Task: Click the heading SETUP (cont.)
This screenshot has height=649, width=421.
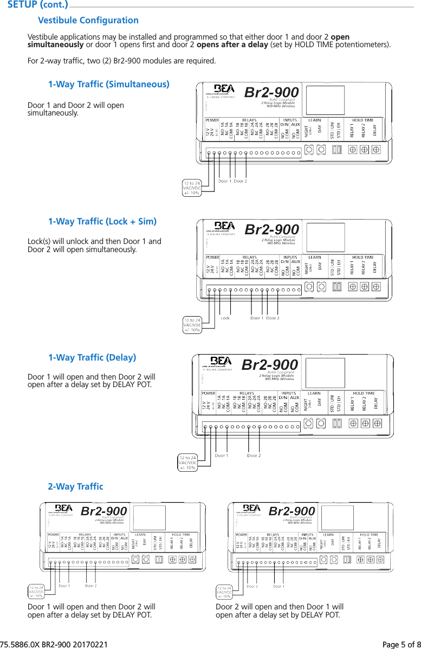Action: [x=37, y=5]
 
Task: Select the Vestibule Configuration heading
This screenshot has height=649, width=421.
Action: [x=88, y=21]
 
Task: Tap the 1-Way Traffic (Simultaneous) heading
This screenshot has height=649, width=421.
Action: [x=108, y=85]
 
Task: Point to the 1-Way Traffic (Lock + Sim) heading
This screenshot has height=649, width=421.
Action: [x=102, y=221]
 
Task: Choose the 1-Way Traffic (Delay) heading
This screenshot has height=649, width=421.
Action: [x=92, y=358]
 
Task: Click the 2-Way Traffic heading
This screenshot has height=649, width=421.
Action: [x=75, y=486]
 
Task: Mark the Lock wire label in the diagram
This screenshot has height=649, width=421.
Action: [x=225, y=318]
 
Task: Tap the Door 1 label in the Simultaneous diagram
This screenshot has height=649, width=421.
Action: [x=224, y=181]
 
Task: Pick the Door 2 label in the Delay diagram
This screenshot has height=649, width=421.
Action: [x=254, y=455]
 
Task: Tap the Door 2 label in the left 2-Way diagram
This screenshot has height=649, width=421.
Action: [x=90, y=586]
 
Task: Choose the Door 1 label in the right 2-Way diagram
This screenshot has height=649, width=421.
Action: [x=278, y=586]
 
